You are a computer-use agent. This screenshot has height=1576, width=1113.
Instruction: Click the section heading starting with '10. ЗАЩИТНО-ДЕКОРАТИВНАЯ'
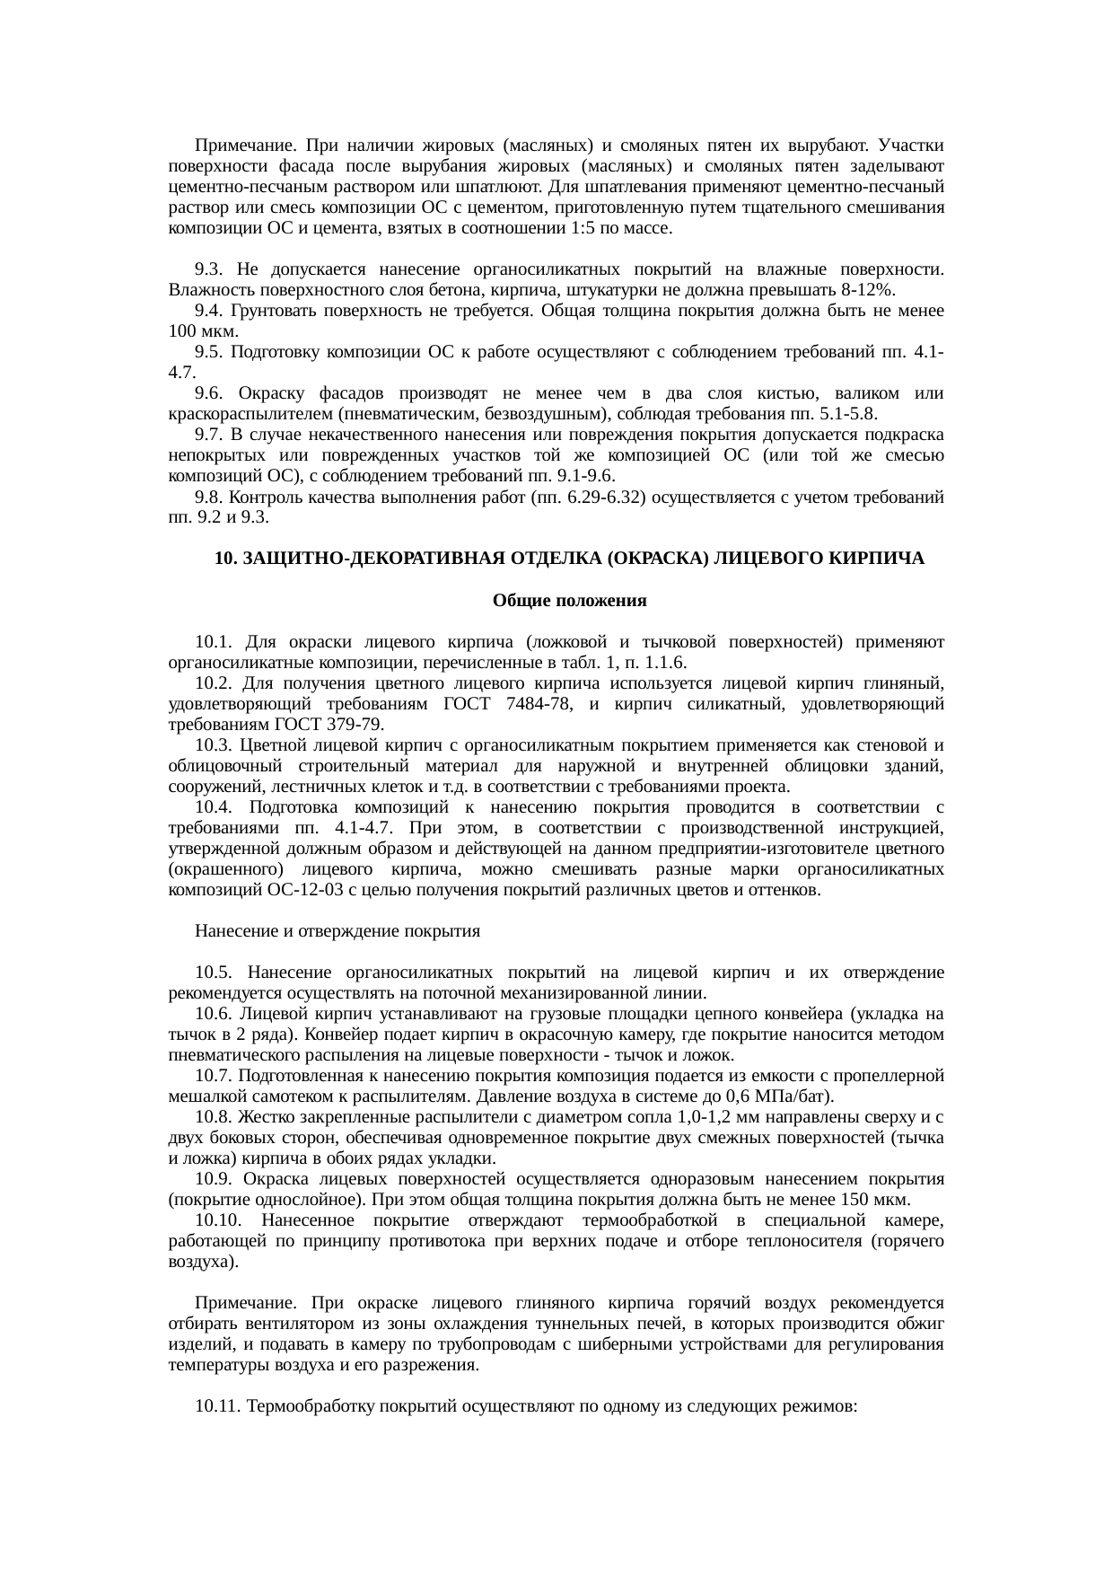click(569, 559)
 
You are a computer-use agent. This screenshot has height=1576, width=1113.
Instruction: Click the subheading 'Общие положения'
click(569, 600)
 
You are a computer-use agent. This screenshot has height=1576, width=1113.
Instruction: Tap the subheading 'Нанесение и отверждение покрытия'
click(337, 931)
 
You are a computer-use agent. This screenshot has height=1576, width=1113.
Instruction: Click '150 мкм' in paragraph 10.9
click(881, 1200)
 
